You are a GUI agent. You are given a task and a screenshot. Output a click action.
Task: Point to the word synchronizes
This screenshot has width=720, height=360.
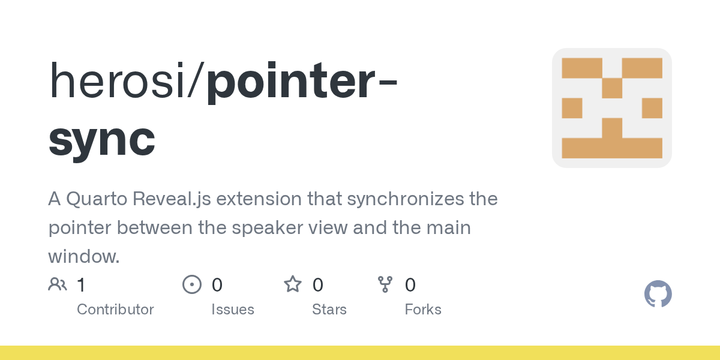tap(379, 199)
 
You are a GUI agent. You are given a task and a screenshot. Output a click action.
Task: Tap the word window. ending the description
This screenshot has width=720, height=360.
tap(84, 257)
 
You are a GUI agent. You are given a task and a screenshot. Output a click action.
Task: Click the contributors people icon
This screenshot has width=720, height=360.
tap(58, 284)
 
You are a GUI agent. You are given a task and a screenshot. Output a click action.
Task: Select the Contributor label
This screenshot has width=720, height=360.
tap(115, 310)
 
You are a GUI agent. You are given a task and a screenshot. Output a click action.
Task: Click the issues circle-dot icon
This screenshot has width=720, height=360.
tap(192, 284)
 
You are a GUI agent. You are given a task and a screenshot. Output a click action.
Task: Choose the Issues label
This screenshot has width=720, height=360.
tap(233, 310)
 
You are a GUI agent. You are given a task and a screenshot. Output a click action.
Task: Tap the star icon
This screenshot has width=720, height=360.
tap(293, 284)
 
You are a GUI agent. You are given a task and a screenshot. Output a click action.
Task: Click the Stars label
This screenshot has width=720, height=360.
tap(329, 310)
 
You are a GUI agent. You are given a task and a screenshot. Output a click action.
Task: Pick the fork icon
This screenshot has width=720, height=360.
tap(385, 284)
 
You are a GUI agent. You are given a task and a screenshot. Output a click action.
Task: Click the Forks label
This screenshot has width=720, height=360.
tap(423, 310)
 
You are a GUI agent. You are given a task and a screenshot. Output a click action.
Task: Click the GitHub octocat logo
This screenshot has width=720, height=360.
tap(658, 294)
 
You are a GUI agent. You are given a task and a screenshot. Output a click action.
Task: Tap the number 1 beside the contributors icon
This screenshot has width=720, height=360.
tap(81, 285)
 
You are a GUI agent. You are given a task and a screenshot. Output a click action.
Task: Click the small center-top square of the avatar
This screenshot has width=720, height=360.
tap(612, 88)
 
